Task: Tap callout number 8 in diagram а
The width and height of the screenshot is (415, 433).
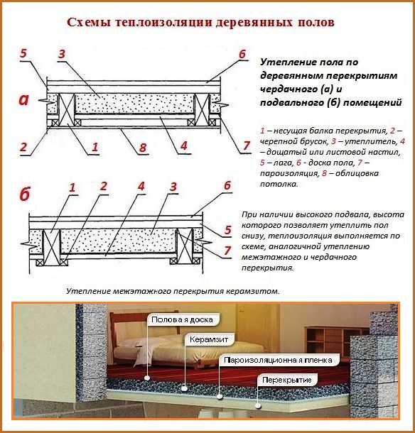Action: (143, 148)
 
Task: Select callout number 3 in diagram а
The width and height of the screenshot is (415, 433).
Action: (62, 53)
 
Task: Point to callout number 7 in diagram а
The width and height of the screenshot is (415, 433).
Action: (247, 146)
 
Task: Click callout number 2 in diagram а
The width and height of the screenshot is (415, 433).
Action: (23, 147)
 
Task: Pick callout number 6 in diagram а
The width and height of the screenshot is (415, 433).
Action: (242, 54)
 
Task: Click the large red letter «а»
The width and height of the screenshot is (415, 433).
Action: (24, 99)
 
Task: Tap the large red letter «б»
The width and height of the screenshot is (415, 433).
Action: (25, 194)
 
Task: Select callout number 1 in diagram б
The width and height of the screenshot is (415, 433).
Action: (72, 187)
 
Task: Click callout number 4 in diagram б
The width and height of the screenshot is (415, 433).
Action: (141, 186)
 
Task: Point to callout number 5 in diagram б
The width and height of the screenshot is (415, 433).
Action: (228, 230)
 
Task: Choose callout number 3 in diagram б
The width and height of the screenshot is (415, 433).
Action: (173, 187)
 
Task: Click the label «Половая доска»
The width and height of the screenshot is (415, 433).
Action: (182, 319)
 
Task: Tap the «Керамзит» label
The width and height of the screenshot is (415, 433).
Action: (209, 339)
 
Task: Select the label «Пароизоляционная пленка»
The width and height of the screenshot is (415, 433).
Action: (278, 360)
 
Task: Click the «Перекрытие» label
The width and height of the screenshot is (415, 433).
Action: (287, 380)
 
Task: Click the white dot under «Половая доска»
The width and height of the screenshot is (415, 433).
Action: (147, 377)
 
